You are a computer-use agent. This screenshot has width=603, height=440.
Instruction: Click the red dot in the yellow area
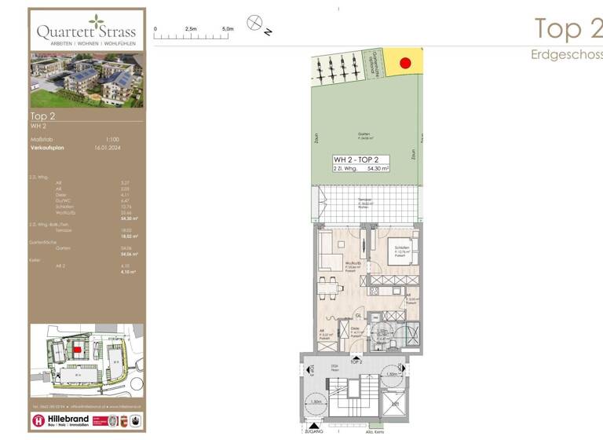coord(405,62)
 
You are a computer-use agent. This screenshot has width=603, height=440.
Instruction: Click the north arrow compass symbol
coord(254,23)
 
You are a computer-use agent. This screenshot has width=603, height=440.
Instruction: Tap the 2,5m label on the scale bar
coord(191,28)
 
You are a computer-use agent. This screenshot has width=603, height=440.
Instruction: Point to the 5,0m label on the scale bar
coord(228,28)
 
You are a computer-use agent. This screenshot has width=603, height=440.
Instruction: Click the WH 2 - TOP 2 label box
coord(360,164)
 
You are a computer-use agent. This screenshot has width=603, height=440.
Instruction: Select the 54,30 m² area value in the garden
coord(375,169)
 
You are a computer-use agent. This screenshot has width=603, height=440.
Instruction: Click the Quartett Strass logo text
coord(86,32)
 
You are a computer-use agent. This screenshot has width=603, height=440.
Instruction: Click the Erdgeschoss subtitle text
coord(566,54)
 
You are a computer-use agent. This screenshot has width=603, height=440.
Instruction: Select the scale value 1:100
coord(102,139)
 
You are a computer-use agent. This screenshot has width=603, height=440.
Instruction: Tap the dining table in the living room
coord(331,287)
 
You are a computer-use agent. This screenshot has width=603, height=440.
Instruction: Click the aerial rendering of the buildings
coord(86,80)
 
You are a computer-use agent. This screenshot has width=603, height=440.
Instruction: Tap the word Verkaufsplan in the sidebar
coord(47,147)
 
